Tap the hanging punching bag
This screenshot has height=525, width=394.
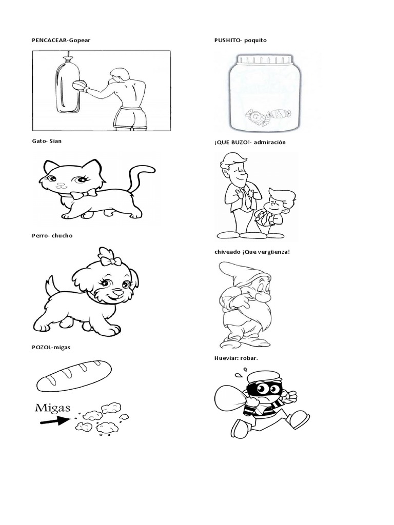coord(68,86)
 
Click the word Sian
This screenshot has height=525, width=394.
coord(55,141)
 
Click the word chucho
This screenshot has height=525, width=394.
coord(62,235)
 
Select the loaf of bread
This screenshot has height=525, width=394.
coord(74,375)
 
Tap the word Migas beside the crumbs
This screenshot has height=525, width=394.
coord(53,408)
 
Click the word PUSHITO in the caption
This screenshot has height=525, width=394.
coord(227,40)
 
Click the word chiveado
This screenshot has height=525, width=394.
coord(227,252)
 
